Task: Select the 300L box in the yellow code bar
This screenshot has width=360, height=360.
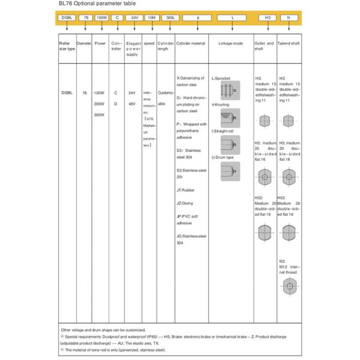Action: [x=171, y=18]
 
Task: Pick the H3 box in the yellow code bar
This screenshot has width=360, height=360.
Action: [x=268, y=18]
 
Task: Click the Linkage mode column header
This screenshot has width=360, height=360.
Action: [x=230, y=44]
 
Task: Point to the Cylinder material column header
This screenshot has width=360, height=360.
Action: [x=191, y=44]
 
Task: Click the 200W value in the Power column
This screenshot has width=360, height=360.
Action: [x=100, y=104]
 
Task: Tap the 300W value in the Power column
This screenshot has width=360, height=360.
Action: [x=100, y=115]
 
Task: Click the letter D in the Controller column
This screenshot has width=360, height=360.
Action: [x=116, y=104]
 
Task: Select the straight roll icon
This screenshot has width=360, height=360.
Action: [x=229, y=144]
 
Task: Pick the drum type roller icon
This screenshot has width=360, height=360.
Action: [x=229, y=171]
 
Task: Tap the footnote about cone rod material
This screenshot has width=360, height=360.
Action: [x=114, y=349]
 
